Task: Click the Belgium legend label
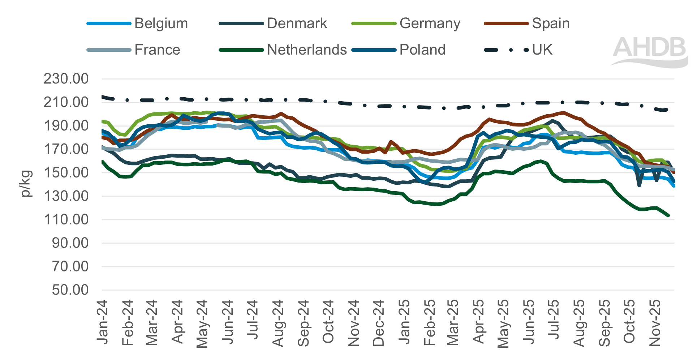tap(161, 23)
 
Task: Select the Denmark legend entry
tap(297, 23)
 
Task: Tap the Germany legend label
tap(430, 23)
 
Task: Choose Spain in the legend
tap(551, 23)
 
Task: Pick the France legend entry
tap(157, 50)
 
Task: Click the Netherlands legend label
tap(307, 50)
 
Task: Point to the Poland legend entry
tap(422, 50)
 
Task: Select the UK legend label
tap(542, 50)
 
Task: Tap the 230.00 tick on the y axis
tap(66, 79)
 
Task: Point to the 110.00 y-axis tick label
tap(66, 219)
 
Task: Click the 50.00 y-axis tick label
tap(70, 290)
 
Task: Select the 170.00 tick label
tap(66, 149)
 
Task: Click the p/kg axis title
tap(26, 184)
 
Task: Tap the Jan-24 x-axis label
tap(103, 322)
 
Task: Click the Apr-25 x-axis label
tap(478, 322)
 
